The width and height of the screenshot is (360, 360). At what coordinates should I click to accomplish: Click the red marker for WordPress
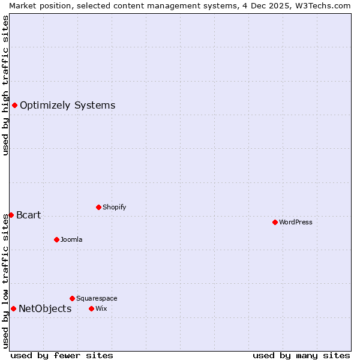coord(275,222)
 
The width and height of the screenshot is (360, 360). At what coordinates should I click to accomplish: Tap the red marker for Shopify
coord(98,207)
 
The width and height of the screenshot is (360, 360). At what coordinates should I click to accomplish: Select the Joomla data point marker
coord(56,239)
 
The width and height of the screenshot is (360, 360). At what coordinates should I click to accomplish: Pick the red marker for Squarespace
coord(72,298)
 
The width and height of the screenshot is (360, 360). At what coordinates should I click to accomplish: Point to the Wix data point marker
coord(91,308)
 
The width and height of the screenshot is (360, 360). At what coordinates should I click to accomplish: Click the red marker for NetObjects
coord(13,308)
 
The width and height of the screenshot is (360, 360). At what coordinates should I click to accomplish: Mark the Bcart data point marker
coord(11,215)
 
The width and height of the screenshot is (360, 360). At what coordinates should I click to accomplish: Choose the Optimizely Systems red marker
coord(14,106)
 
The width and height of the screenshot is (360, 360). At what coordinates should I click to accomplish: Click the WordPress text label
coord(296,222)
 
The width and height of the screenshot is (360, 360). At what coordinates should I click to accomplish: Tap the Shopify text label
coord(115,207)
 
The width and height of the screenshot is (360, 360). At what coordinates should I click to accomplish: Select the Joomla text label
coord(71,239)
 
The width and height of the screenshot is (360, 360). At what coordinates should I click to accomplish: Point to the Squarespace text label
coord(97,298)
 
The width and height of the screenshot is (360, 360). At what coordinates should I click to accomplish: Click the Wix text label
coord(101,308)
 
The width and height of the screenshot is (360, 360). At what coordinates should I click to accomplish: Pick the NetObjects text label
coord(45,309)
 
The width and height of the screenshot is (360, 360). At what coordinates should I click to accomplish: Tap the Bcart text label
coord(29,215)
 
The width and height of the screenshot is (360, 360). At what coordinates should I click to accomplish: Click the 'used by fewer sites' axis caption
coord(62,355)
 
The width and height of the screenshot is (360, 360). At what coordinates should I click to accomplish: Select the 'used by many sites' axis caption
coord(301,355)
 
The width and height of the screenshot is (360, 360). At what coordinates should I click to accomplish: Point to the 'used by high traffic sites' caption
coord(5,85)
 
